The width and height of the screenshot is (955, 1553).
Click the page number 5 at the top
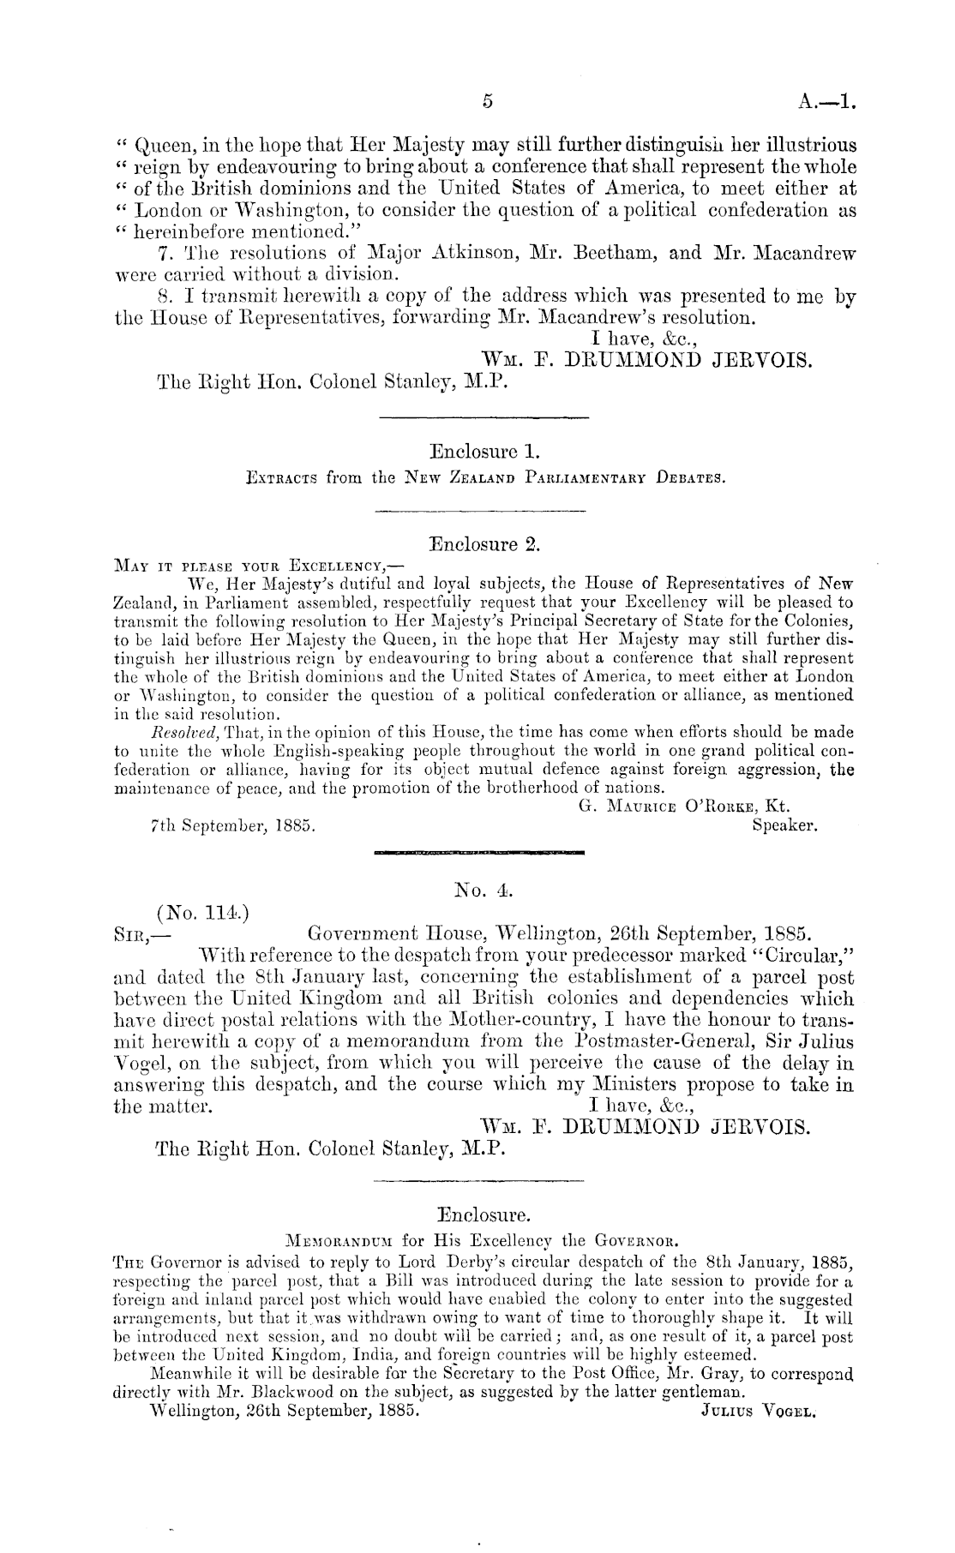pos(487,101)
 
